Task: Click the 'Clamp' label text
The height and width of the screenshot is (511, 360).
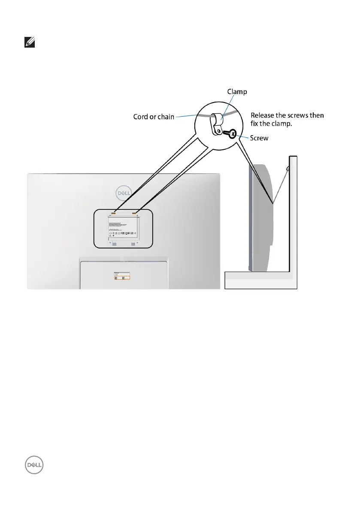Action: coord(237,91)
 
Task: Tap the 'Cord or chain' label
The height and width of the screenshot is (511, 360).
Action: coord(154,117)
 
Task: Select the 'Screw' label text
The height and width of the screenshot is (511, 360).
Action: coord(260,139)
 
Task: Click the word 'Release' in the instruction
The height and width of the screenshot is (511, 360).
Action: coord(263,115)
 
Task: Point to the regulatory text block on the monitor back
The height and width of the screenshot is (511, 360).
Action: coord(123,227)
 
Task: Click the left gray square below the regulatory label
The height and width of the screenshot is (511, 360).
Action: coord(114,244)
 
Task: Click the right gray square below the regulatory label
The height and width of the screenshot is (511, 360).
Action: coord(133,244)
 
